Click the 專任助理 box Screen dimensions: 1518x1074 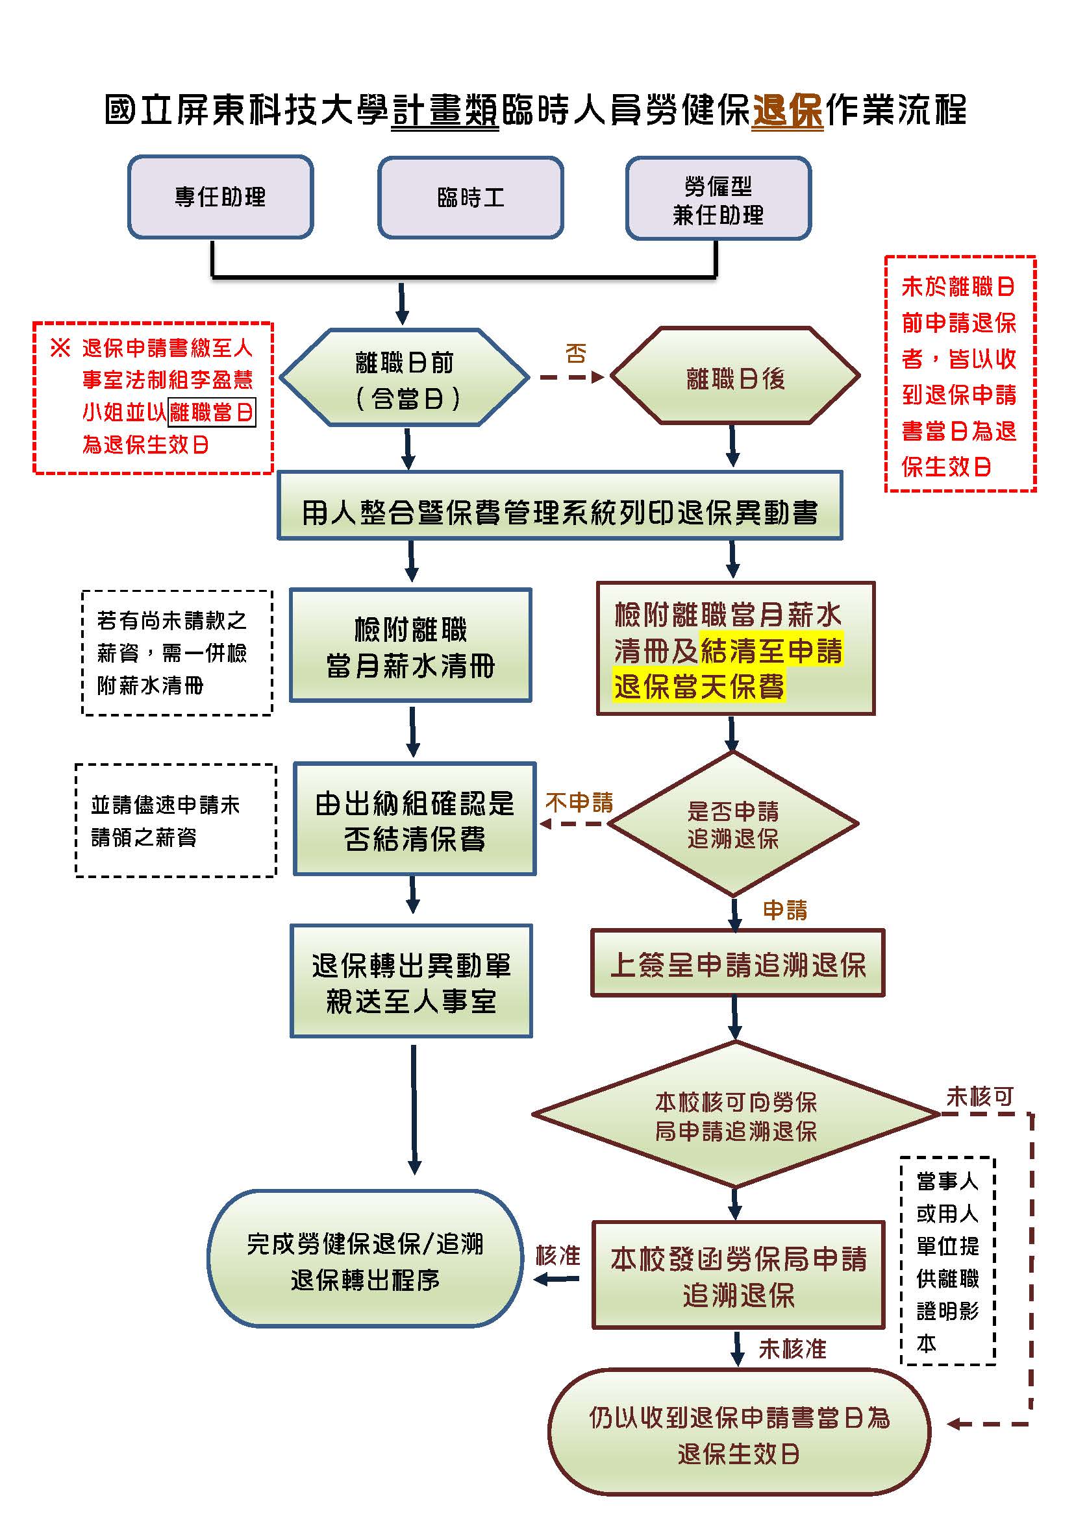tap(220, 197)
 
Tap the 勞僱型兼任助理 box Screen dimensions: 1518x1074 tap(718, 199)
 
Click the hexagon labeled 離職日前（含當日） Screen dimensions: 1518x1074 tap(405, 378)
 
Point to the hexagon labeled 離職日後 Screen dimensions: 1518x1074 tap(735, 377)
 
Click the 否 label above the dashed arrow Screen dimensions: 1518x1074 tap(575, 353)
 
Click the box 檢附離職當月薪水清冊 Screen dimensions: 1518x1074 tap(410, 646)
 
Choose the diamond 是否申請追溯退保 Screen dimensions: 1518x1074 tap(732, 824)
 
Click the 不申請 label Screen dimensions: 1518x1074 tap(579, 802)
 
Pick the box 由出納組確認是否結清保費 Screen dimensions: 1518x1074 tap(415, 820)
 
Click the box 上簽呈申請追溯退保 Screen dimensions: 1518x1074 tap(738, 964)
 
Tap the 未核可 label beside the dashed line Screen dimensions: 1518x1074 tap(979, 1097)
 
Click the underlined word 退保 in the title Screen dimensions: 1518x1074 tap(787, 110)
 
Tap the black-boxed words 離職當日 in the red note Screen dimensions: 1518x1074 tap(212, 412)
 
